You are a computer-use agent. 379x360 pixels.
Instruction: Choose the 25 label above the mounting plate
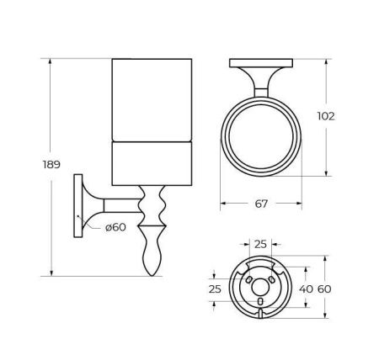[261, 245]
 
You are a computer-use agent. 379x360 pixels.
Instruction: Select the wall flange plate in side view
[80, 206]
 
